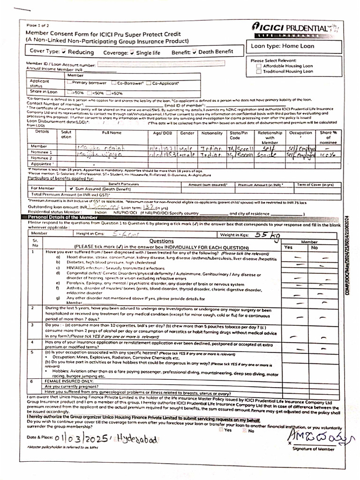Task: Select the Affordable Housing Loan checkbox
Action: coord(259,66)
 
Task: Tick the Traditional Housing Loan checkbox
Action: coord(259,72)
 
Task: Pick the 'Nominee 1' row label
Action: coord(42,152)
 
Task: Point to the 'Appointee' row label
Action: coord(42,164)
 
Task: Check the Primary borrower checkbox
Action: coord(69,83)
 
